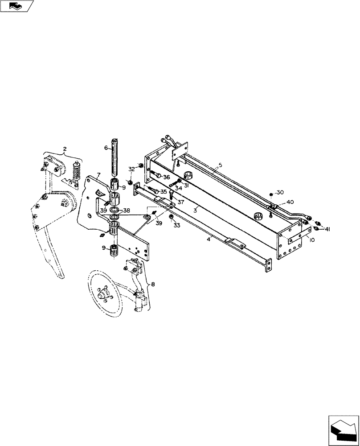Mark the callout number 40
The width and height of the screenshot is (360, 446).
(x=290, y=202)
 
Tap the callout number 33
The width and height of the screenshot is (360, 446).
(x=177, y=226)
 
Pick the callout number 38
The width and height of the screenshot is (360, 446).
(x=127, y=210)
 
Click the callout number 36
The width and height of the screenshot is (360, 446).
(x=166, y=177)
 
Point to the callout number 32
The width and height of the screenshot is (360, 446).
(x=131, y=169)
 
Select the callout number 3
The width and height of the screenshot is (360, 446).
(x=194, y=209)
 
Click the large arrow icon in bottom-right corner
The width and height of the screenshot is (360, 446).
(x=343, y=429)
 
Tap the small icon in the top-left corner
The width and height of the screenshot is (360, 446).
(x=16, y=6)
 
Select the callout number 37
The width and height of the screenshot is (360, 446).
(x=180, y=202)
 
